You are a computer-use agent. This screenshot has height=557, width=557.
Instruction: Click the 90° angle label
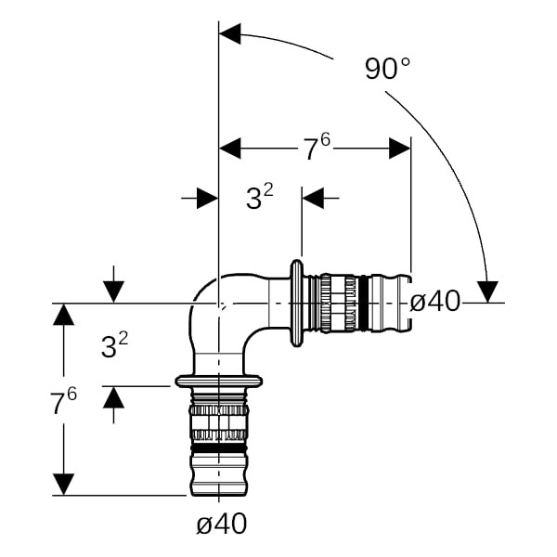[387, 68]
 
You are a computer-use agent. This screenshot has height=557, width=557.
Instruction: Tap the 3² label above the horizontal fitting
[260, 198]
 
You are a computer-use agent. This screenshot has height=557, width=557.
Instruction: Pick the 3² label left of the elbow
[114, 345]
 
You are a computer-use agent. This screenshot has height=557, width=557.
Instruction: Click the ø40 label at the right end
[435, 302]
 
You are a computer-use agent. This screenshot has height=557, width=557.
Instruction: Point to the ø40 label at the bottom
[222, 524]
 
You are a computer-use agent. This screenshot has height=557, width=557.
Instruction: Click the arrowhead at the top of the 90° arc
[230, 34]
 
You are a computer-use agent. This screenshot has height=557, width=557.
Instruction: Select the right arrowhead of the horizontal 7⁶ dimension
[400, 149]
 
